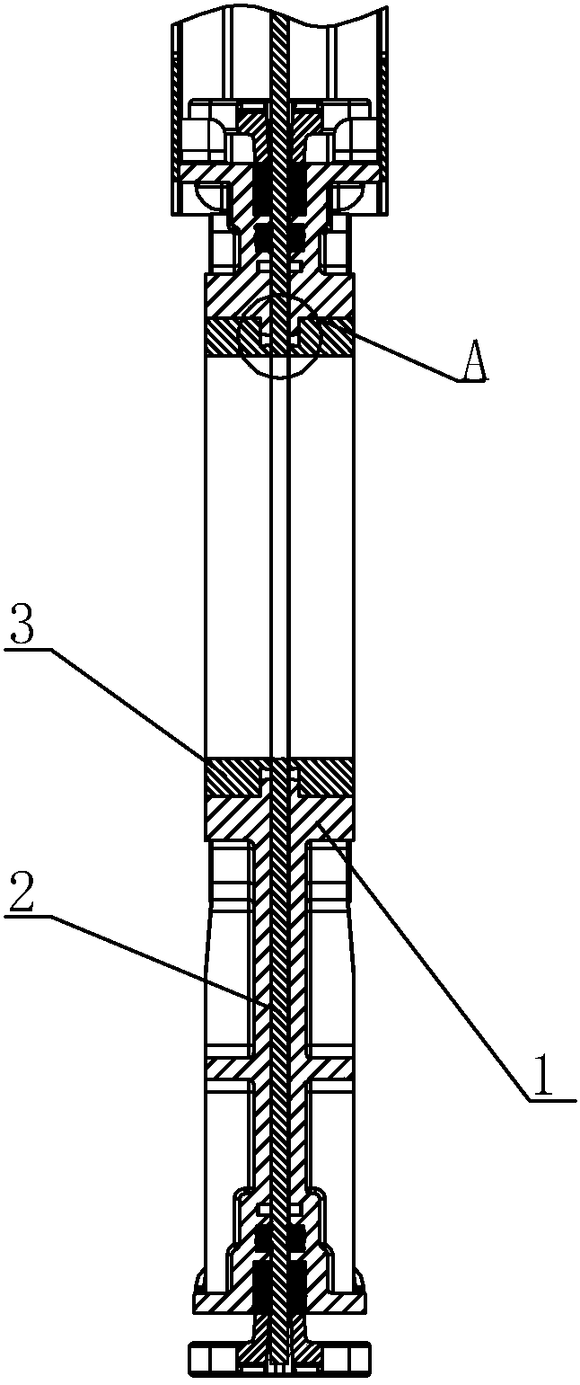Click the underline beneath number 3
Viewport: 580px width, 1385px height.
pos(27,648)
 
